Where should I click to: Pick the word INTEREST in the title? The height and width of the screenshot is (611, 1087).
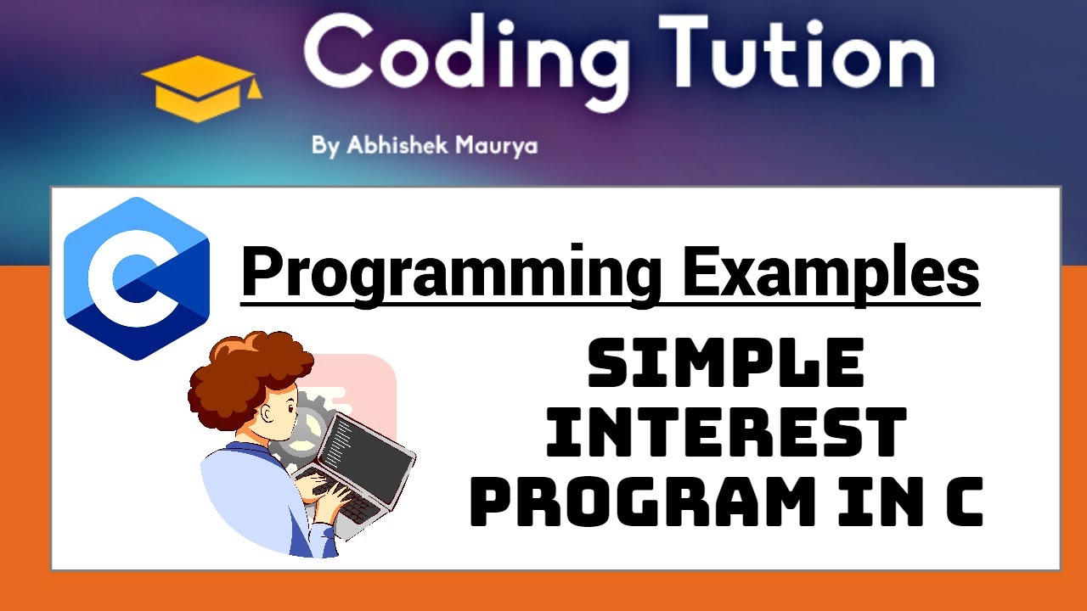[725, 431]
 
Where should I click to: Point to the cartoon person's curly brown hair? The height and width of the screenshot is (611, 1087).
[246, 373]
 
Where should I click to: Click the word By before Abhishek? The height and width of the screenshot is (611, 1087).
[325, 146]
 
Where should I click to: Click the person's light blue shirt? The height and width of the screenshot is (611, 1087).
[246, 501]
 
